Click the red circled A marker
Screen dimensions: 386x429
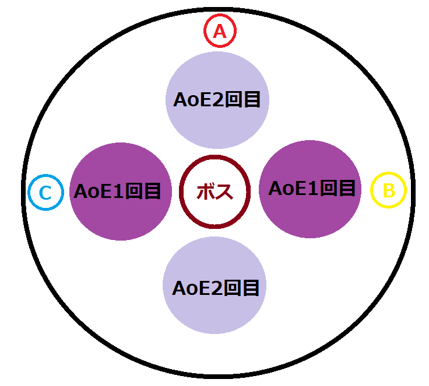[220, 32]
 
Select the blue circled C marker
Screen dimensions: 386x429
[45, 192]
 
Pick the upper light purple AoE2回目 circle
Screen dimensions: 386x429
[217, 100]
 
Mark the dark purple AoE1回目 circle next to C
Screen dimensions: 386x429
[121, 191]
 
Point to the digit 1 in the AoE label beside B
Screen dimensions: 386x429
[312, 189]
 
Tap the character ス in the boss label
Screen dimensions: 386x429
[224, 191]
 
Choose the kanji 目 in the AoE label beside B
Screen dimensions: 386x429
[346, 189]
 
